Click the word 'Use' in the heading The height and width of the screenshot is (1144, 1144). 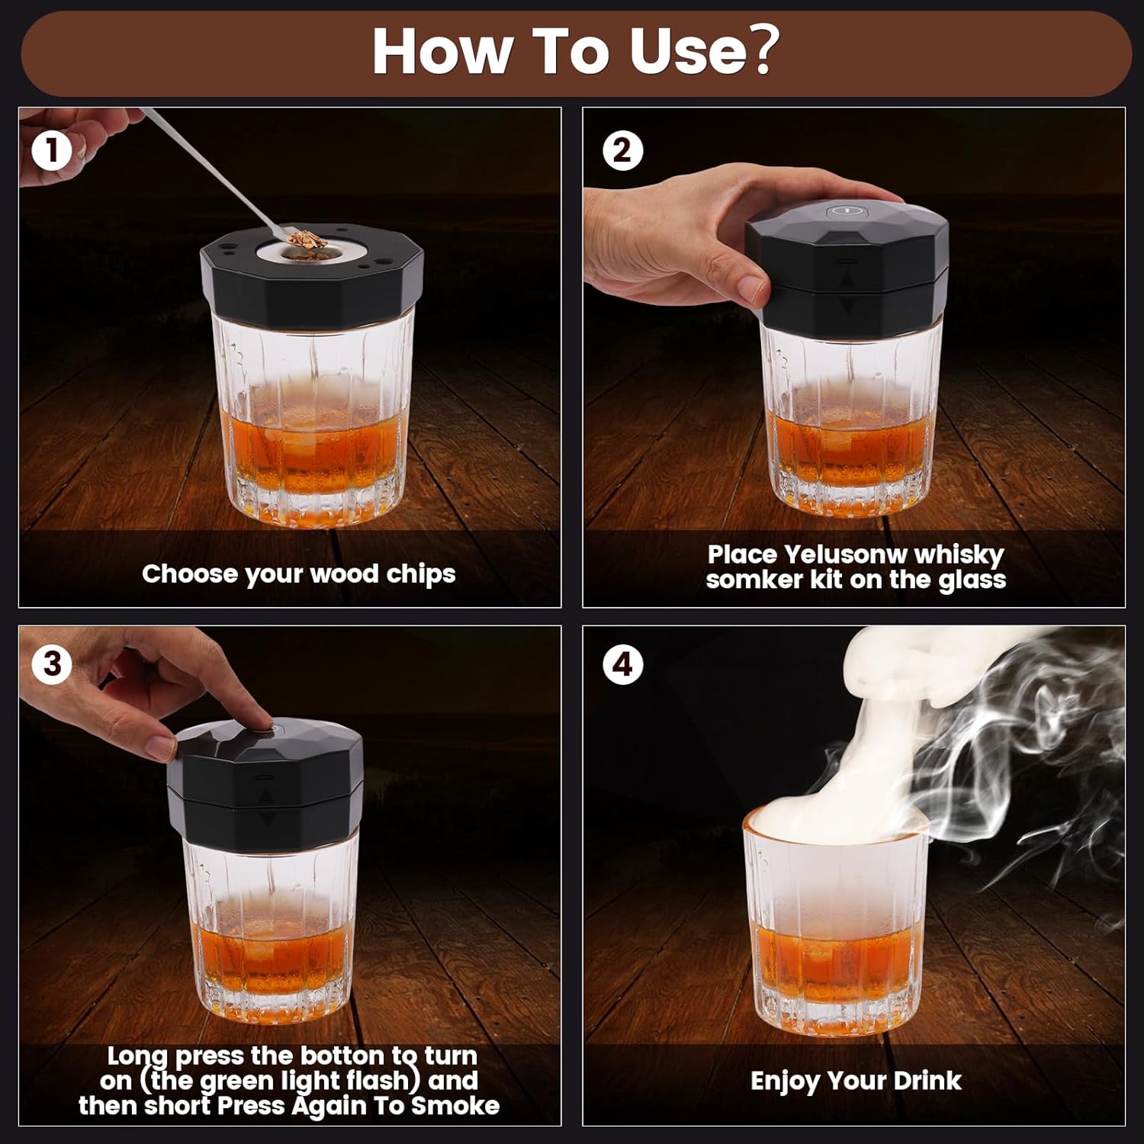click(x=686, y=52)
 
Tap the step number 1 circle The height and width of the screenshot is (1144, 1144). click(x=52, y=150)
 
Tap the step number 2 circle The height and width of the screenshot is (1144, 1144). click(x=622, y=150)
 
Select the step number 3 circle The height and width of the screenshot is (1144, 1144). click(x=52, y=664)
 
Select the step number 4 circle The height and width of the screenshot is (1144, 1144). click(x=622, y=664)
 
